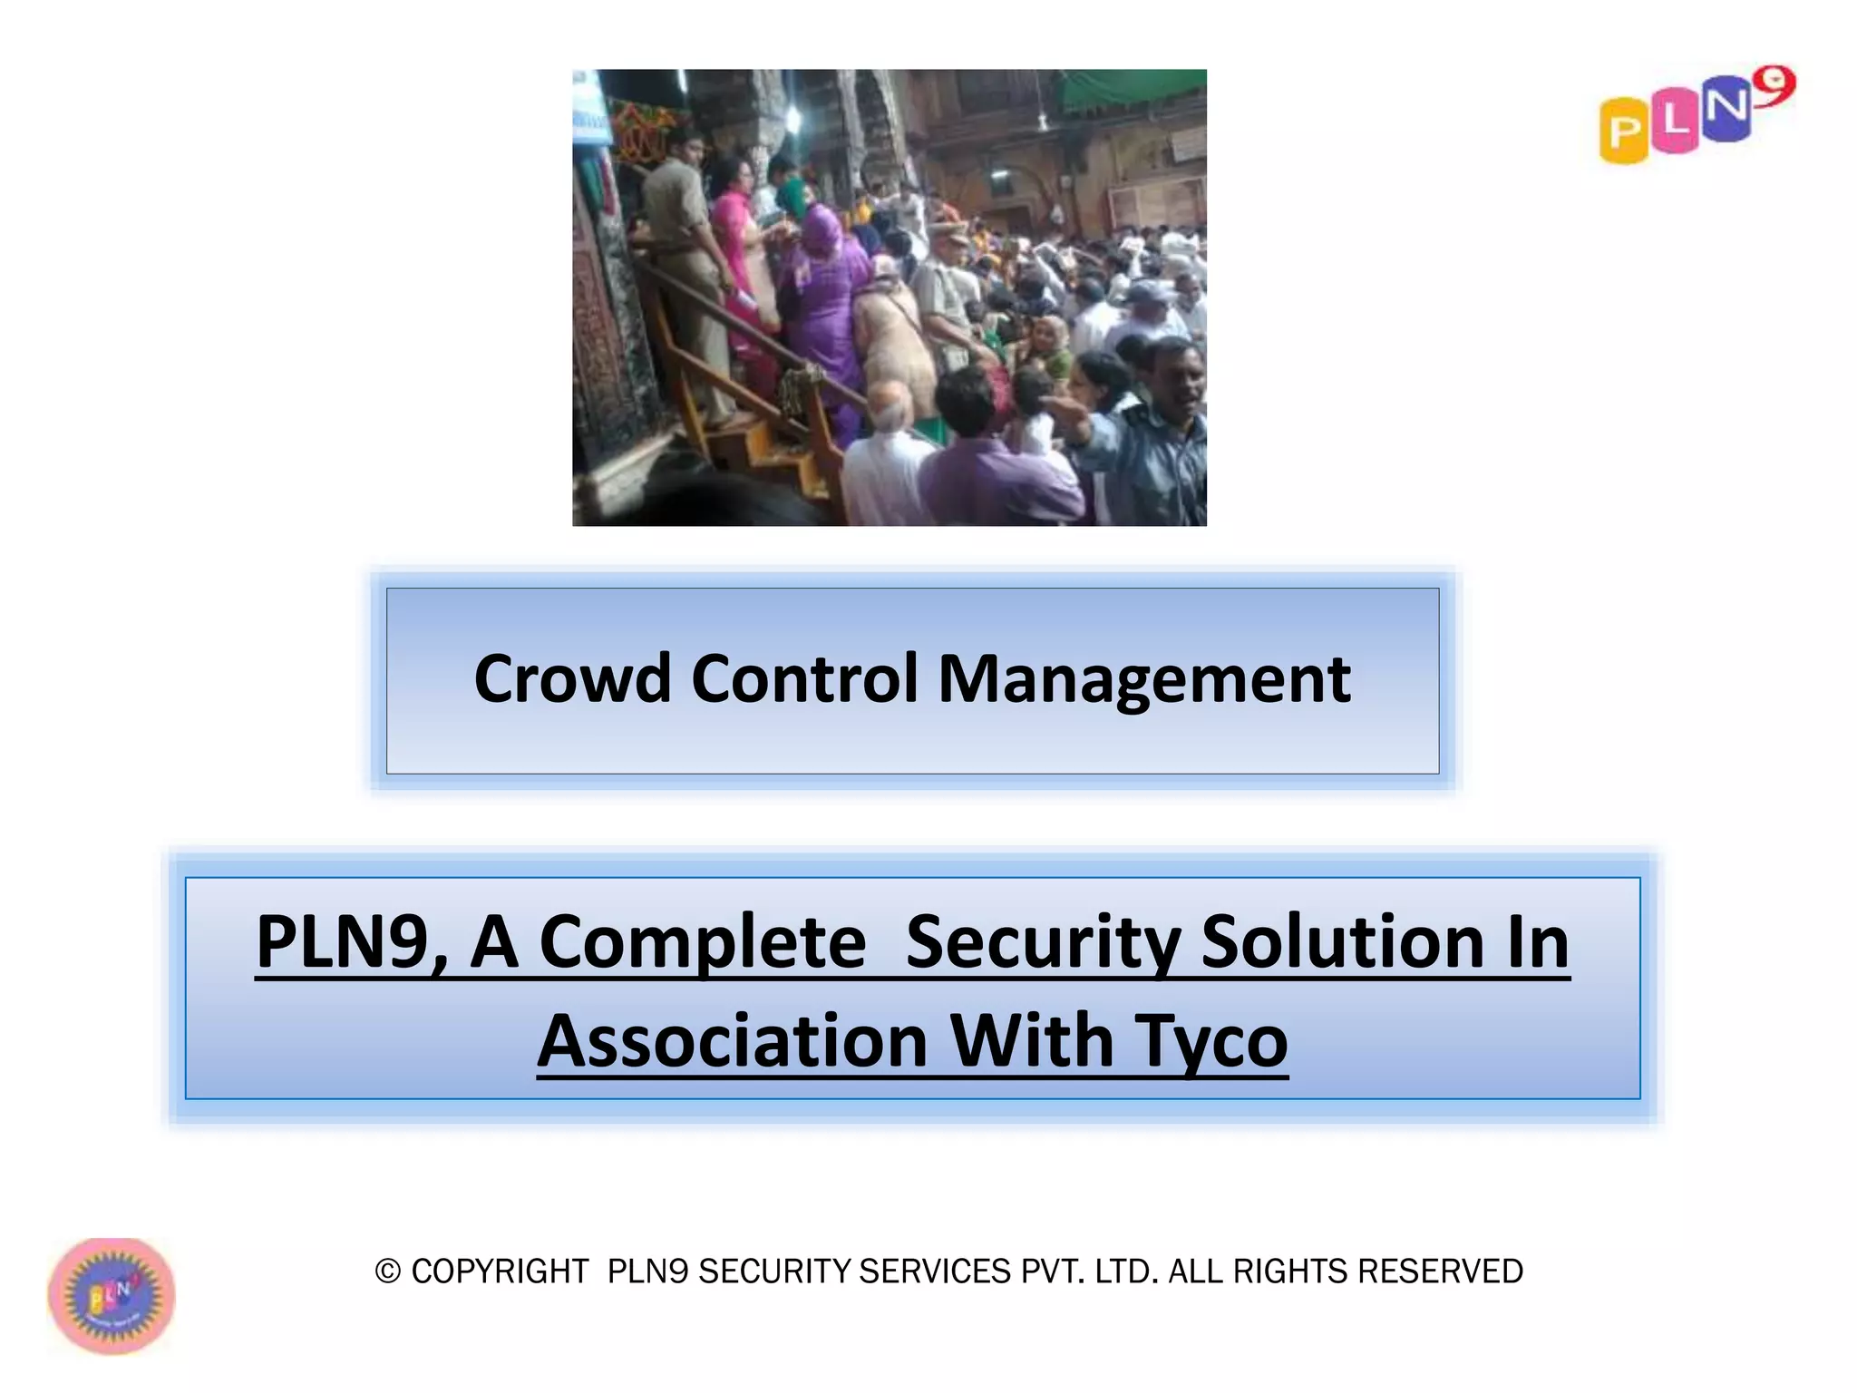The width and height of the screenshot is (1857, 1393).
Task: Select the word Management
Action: (1143, 680)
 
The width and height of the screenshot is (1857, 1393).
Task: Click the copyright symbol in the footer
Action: (387, 1271)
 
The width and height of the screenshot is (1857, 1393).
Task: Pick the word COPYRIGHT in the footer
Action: (500, 1271)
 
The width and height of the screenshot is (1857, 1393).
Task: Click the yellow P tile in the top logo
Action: (1623, 132)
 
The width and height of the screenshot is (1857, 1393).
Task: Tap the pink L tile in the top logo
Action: (1674, 122)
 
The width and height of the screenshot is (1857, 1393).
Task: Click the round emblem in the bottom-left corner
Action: (112, 1296)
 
